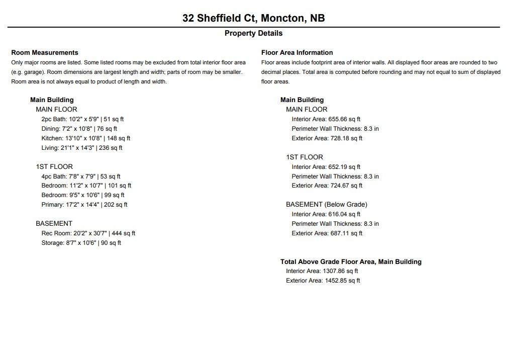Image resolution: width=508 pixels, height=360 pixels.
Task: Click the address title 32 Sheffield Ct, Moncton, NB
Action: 254,19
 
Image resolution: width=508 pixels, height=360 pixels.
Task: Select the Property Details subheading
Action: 254,34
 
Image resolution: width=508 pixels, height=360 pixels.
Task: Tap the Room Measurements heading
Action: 45,52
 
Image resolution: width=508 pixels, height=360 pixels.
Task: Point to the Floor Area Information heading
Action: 297,52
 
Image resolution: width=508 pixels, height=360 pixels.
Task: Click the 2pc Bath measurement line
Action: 82,119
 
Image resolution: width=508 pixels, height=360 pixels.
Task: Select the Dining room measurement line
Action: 79,129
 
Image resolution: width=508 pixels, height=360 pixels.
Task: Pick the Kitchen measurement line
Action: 86,138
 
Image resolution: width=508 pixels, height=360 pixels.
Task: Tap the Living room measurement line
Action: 82,148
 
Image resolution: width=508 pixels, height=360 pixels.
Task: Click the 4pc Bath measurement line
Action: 81,176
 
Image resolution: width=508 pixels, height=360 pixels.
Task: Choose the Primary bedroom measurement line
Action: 84,205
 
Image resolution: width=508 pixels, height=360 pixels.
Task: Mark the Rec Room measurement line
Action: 88,233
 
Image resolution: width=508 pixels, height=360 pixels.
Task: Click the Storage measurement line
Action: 81,243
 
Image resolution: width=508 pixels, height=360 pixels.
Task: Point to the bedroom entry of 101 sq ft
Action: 86,186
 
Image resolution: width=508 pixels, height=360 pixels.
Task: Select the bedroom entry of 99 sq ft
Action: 83,195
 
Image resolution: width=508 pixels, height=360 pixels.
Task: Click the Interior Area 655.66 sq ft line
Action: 326,119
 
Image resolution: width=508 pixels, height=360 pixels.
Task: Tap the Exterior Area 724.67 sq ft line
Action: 327,186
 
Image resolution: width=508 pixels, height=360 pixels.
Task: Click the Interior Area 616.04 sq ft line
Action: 326,214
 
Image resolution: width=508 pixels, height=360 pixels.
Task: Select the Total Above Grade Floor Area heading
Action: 351,262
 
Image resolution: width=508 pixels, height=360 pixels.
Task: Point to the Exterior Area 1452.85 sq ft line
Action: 323,281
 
